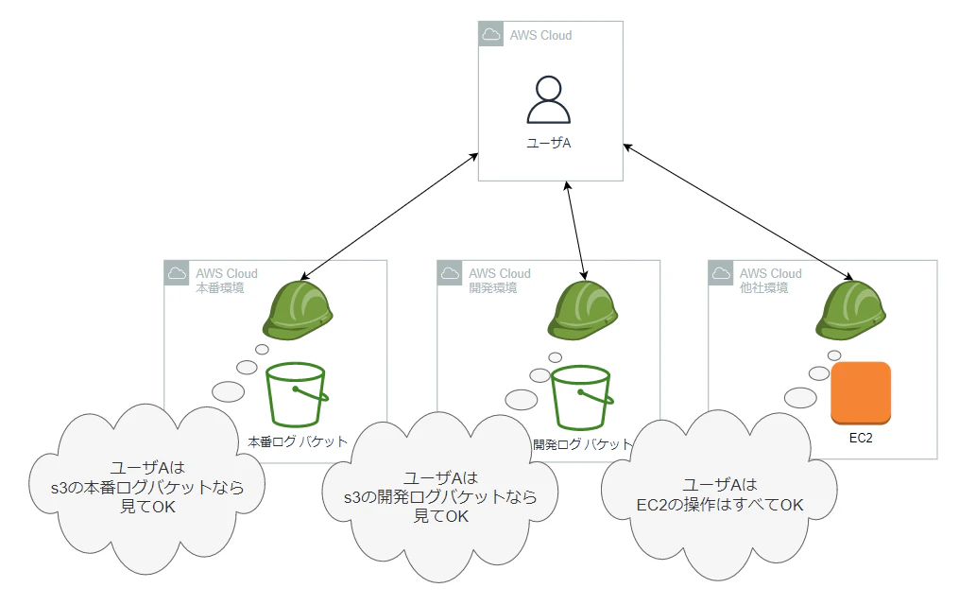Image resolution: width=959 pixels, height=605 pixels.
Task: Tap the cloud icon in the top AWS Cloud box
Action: pyautogui.click(x=490, y=35)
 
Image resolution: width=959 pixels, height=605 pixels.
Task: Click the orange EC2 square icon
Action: pyautogui.click(x=861, y=392)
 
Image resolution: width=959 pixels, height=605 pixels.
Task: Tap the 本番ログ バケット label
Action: pyautogui.click(x=298, y=441)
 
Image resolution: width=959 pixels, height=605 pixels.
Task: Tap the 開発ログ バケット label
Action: pyautogui.click(x=582, y=443)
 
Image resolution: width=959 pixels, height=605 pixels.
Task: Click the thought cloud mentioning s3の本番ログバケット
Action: pyautogui.click(x=148, y=487)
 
